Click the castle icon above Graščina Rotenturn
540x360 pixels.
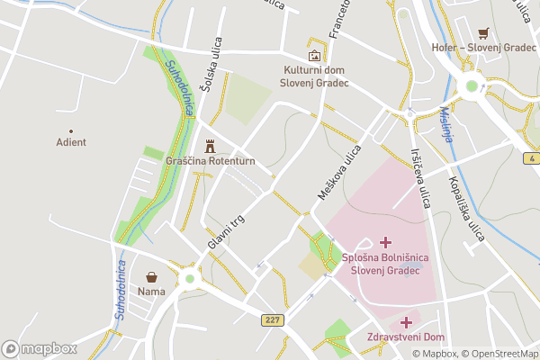coord(211,145)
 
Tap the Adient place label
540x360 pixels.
coord(71,142)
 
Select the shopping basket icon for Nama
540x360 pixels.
coord(151,276)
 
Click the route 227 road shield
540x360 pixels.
coord(274,319)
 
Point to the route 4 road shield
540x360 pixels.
coord(532,158)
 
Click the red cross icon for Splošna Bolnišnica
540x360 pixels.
coord(386,242)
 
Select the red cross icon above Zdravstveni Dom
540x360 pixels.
coord(406,321)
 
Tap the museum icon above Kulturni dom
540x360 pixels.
coord(314,55)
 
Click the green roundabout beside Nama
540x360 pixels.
coord(189,280)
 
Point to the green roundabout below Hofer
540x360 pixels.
coord(470,87)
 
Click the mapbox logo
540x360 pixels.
coord(39,348)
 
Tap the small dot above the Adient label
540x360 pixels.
coord(71,130)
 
